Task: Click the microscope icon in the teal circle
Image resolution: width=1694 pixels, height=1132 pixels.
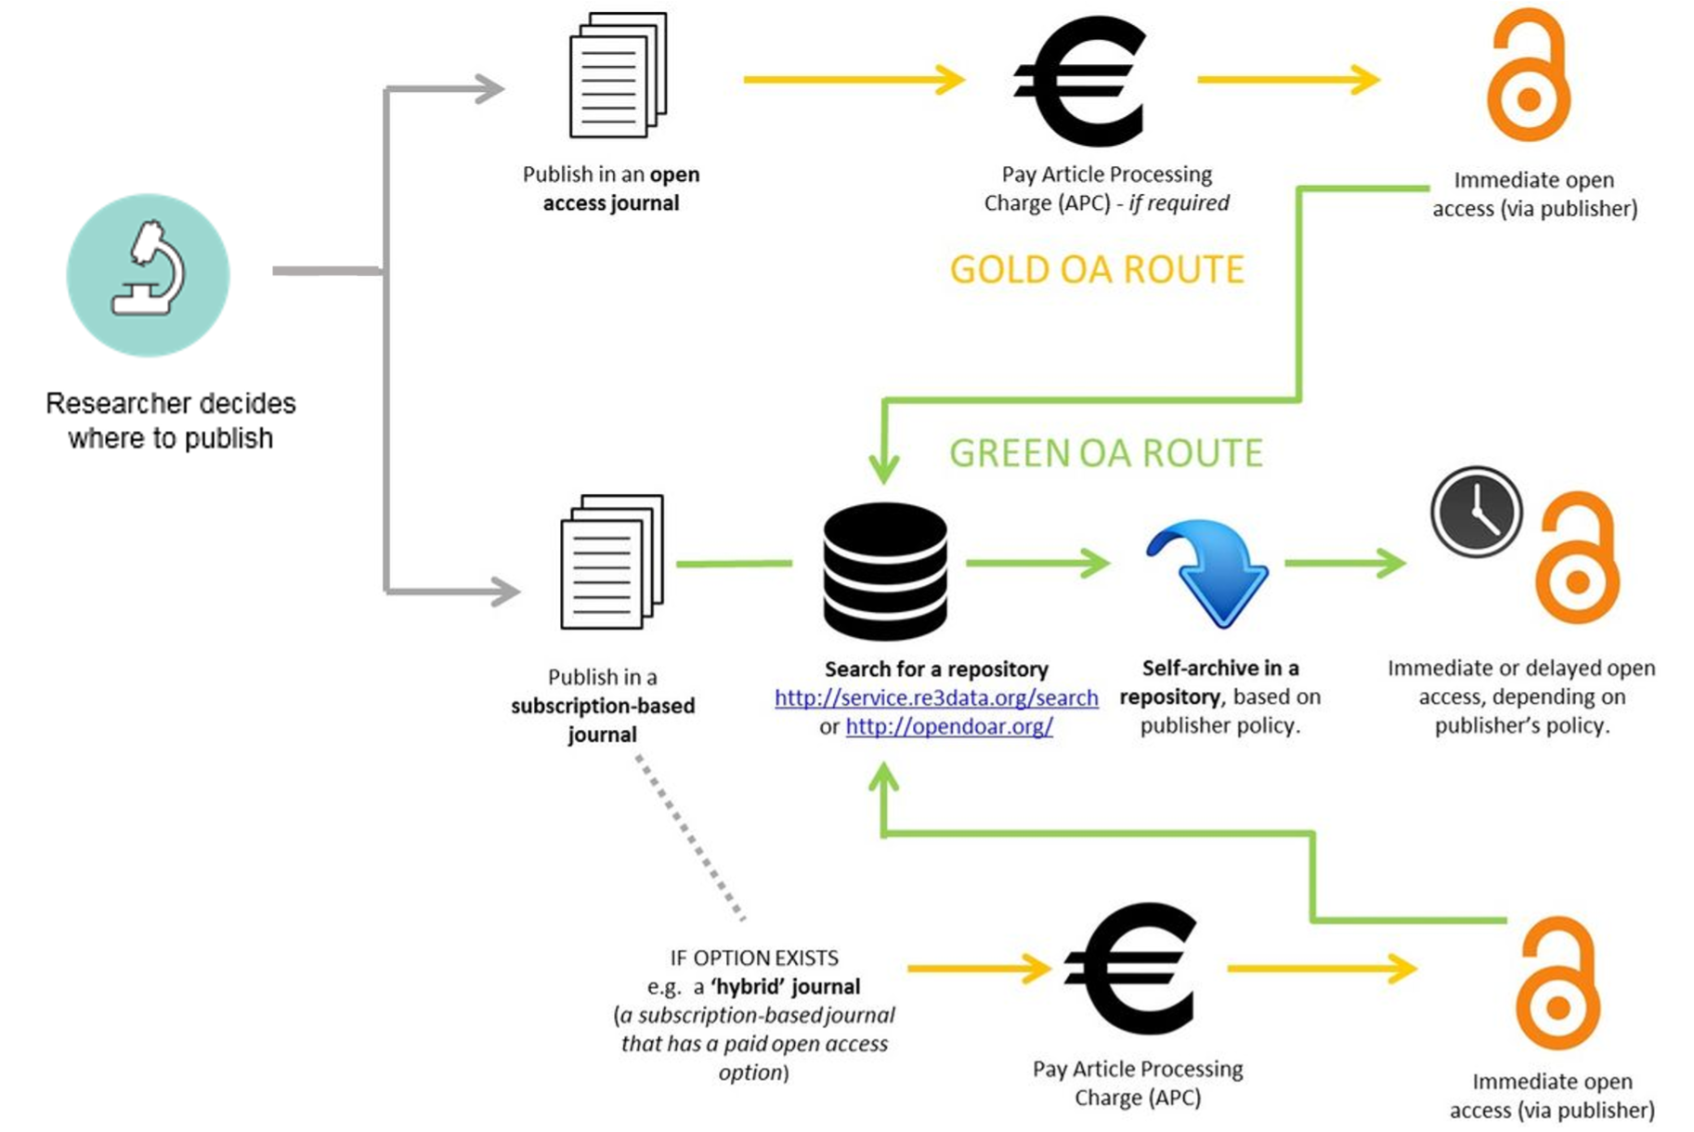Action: coord(149,271)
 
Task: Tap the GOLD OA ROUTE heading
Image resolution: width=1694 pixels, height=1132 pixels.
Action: coord(1097,269)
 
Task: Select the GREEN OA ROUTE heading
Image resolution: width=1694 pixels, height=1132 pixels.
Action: coord(1106,453)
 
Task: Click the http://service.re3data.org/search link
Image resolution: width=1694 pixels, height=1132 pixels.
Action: coord(936,697)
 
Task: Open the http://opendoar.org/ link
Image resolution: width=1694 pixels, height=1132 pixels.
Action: coord(949,726)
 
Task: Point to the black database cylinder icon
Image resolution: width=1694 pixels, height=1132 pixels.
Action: coord(885,570)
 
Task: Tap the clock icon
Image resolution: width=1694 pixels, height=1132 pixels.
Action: coord(1476,512)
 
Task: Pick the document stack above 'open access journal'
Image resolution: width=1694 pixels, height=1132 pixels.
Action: coord(617,76)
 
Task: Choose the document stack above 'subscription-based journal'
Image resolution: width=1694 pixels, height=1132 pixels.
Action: coord(611,563)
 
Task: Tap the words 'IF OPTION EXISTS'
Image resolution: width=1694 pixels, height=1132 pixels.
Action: coord(754,957)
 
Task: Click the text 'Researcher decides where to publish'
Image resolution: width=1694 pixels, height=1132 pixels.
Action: coord(171,421)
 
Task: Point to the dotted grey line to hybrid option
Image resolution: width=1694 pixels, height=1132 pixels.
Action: coord(689,837)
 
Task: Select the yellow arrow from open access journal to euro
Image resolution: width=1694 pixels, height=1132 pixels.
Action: coord(854,80)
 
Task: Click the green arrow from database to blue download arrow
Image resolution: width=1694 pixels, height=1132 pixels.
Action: coord(1036,563)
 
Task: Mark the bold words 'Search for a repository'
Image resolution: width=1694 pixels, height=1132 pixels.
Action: coord(936,669)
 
